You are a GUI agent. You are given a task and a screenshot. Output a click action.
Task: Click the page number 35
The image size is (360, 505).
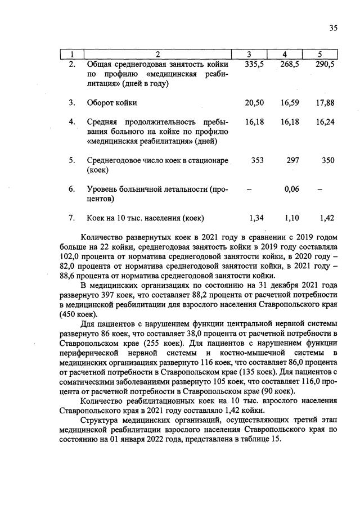(x=332, y=29)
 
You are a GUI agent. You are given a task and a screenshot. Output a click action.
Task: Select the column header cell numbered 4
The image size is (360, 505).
(x=285, y=54)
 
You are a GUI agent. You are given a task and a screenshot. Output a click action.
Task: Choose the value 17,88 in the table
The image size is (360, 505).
(x=325, y=103)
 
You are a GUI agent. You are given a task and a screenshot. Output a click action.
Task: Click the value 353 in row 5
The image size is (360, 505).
(x=257, y=160)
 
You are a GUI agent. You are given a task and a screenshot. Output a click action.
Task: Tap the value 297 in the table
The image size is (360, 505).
(x=292, y=160)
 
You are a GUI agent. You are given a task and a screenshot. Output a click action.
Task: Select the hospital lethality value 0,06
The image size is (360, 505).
(x=291, y=189)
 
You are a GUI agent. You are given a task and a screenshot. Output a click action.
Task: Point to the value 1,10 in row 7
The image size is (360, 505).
(x=290, y=218)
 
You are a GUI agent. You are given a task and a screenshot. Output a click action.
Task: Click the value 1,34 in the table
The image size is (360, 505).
(x=256, y=218)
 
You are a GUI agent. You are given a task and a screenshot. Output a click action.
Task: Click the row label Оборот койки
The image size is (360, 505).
(x=112, y=103)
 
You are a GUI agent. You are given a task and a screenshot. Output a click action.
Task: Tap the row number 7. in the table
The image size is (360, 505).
(x=72, y=218)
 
